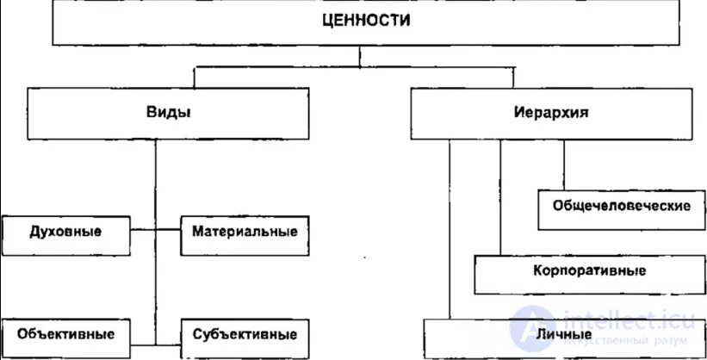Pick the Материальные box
pyautogui.click(x=245, y=232)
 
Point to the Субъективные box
pyautogui.click(x=245, y=334)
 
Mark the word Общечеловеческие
pyautogui.click(x=617, y=207)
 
